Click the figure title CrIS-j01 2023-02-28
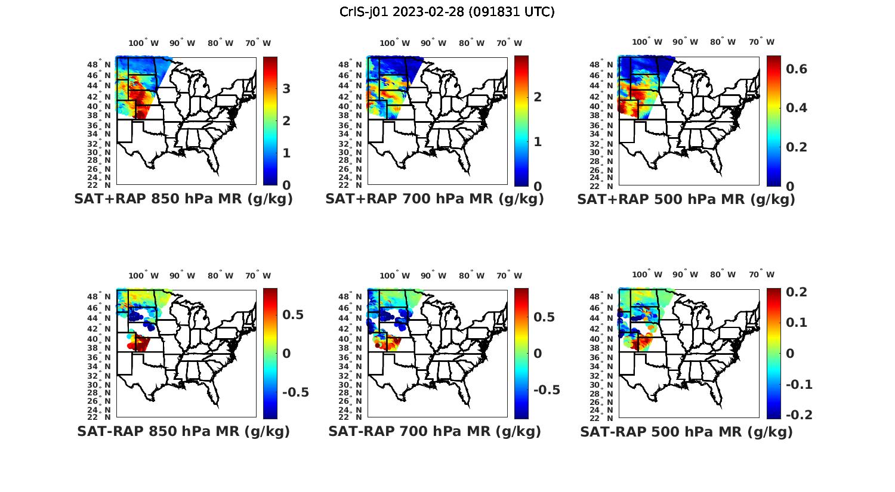pos(447,12)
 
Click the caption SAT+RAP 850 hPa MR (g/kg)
pos(183,199)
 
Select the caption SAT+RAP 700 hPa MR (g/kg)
pos(434,199)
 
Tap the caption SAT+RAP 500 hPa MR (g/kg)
pos(686,199)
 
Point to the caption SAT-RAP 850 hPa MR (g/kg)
pos(183,431)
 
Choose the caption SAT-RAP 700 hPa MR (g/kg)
pos(434,431)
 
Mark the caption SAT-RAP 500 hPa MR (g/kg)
pos(686,432)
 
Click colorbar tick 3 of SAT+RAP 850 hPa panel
pos(286,89)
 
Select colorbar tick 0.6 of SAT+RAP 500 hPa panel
pos(797,69)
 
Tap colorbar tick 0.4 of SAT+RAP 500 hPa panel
pos(797,108)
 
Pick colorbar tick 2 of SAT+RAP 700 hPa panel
pos(538,97)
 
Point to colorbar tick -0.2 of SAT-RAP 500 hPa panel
pos(799,414)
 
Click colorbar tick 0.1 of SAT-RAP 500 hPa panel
pos(798,323)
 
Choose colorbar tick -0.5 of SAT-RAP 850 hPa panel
pos(295,392)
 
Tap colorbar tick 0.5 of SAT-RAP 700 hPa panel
pos(544,317)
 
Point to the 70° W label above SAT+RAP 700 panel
pos(509,43)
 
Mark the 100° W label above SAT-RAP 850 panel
pos(143,276)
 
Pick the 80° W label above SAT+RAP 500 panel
pos(723,42)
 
